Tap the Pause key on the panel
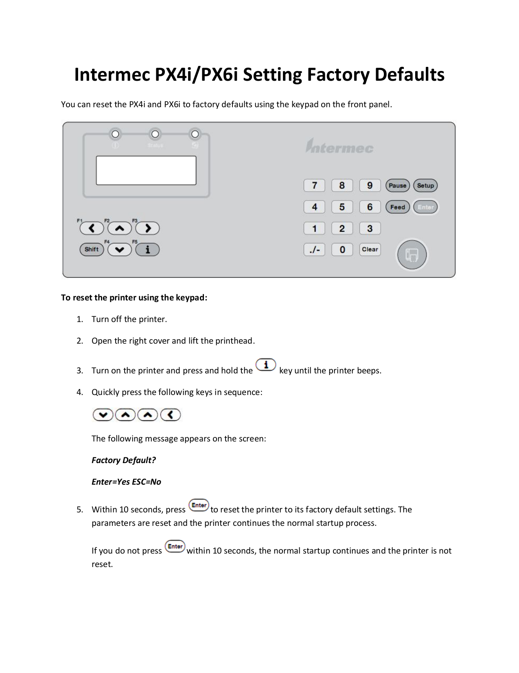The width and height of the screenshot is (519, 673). pos(397,185)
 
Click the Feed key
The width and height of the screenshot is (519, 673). pos(397,207)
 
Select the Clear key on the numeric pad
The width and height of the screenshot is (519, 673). pos(370,249)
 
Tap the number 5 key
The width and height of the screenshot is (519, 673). pos(342,207)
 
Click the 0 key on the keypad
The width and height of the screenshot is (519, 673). pos(342,249)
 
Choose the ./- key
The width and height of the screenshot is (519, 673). pos(314,249)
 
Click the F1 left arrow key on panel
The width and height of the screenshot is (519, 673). pos(92,228)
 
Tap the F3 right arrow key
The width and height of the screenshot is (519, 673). pos(147,228)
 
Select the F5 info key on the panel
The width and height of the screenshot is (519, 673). pos(147,249)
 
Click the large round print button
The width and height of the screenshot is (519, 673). pos(412,255)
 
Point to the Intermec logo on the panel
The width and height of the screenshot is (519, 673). pos(339,146)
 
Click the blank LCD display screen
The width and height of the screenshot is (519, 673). pos(146,170)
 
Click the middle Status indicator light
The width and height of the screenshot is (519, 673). pos(155,134)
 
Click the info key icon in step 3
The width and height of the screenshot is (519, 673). pos(266,365)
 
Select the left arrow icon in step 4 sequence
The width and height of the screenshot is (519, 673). pos(171,415)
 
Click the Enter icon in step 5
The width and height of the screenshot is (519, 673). pos(199,505)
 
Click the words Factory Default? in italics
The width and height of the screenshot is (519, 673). pos(124,460)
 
